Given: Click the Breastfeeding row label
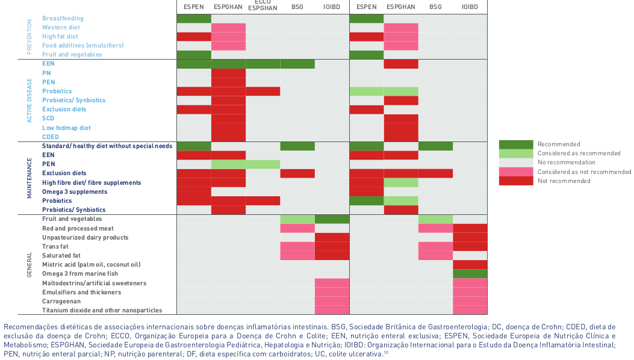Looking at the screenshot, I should click(x=63, y=19).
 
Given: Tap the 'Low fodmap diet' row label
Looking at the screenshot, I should click(x=66, y=128).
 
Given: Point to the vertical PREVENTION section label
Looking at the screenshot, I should click(x=29, y=37).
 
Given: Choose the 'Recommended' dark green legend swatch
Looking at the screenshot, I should click(x=515, y=144).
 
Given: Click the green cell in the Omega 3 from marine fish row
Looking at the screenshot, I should click(x=470, y=274).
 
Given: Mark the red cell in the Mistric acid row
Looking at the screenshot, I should click(x=470, y=265).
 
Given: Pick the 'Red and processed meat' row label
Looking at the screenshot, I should click(x=78, y=229).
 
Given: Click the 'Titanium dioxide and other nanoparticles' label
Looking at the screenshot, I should click(x=102, y=311).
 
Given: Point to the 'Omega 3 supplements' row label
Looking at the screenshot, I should click(x=75, y=192).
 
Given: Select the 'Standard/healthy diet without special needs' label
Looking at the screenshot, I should click(x=107, y=146).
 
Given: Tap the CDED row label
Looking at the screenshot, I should click(x=51, y=137).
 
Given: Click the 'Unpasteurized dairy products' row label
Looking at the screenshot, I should click(x=85, y=238).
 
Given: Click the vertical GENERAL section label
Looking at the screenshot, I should click(x=29, y=265).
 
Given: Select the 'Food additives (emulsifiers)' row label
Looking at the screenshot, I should click(x=82, y=46).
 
